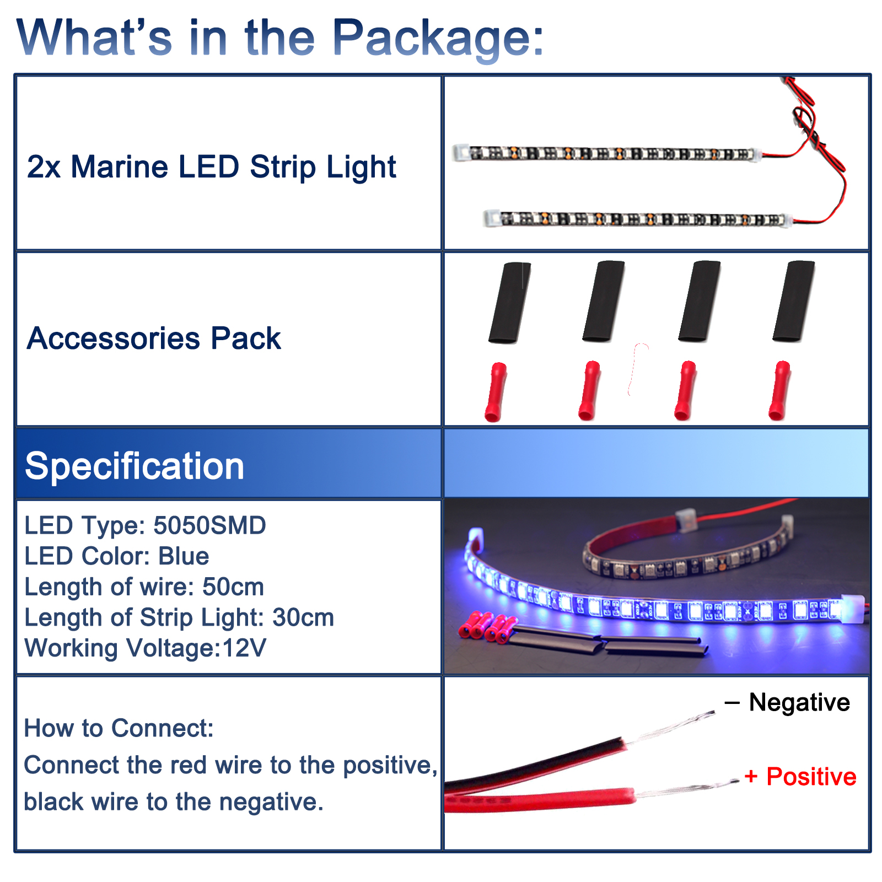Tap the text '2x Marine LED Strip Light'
[x=212, y=166]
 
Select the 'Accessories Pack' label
[x=154, y=338]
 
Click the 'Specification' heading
[x=135, y=466]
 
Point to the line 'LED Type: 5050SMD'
[x=145, y=525]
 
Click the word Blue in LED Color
[x=184, y=556]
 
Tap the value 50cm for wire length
[x=233, y=587]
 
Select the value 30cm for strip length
[x=303, y=617]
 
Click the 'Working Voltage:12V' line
[x=145, y=648]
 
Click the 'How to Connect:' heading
[x=119, y=728]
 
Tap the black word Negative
[x=799, y=702]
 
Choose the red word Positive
[x=811, y=777]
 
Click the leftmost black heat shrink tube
[x=509, y=303]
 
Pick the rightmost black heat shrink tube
[x=793, y=302]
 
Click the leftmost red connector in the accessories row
[x=495, y=392]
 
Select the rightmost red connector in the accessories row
[x=779, y=391]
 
